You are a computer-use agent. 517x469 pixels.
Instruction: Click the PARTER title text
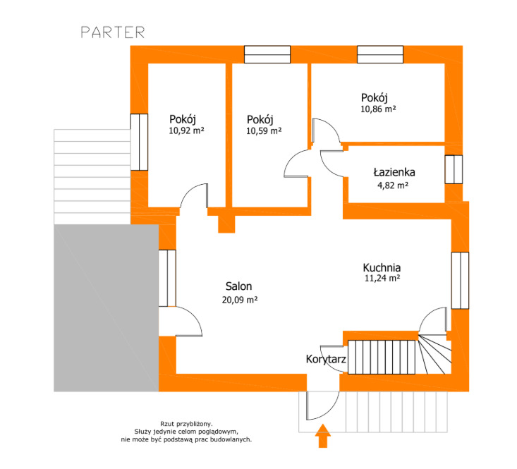click(113, 32)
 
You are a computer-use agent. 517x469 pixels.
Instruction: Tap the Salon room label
click(238, 286)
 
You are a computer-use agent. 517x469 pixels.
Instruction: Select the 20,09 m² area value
click(240, 300)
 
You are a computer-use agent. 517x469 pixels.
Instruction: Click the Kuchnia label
click(382, 267)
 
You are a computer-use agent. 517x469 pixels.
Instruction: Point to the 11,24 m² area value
click(382, 278)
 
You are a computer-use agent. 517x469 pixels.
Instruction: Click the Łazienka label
click(394, 172)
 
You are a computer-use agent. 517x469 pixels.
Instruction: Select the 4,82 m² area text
click(393, 185)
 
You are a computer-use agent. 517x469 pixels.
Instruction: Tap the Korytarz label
click(326, 359)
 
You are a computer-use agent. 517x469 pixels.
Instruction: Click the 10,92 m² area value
click(186, 130)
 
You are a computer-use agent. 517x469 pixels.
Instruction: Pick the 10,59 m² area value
click(264, 131)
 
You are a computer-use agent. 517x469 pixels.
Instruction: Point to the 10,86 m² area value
click(378, 109)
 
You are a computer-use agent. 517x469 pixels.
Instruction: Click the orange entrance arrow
click(323, 436)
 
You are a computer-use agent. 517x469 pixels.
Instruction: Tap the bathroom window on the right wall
click(454, 169)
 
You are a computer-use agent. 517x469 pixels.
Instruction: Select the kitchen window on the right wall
click(460, 281)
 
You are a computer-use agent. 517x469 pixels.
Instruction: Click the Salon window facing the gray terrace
click(167, 278)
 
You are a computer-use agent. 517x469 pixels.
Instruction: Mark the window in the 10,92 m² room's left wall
click(139, 142)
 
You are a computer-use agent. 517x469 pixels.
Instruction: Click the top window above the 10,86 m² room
click(380, 54)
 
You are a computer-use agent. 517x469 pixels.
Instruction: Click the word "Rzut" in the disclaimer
click(167, 424)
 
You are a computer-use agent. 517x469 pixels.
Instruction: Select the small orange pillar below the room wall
click(226, 224)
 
